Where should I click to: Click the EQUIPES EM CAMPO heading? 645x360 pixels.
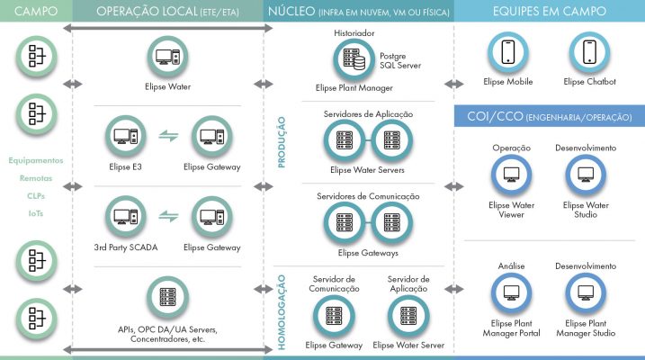click(549, 11)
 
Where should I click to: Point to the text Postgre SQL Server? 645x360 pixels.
click(400, 60)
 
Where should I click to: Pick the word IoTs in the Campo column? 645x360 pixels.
click(36, 213)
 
